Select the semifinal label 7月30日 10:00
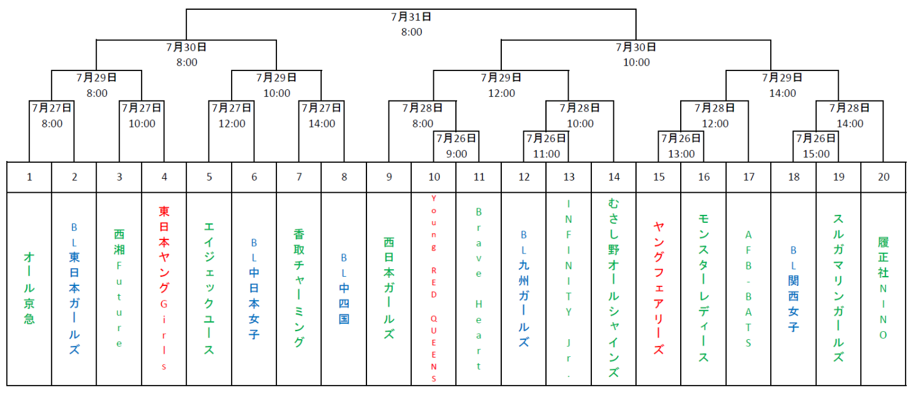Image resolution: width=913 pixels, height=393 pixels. pyautogui.click(x=636, y=54)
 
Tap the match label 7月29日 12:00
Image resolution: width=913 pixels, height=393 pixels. pyautogui.click(x=501, y=85)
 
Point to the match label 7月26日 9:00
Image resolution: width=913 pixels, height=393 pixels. pyautogui.click(x=456, y=146)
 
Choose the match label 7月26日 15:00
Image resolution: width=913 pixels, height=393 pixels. pyautogui.click(x=816, y=146)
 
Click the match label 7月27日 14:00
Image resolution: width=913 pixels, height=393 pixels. pyautogui.click(x=321, y=116)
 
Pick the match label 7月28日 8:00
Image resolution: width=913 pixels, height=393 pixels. pyautogui.click(x=422, y=116)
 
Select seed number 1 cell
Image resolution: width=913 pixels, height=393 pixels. pyautogui.click(x=29, y=177)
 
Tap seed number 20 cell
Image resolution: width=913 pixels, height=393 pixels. pyautogui.click(x=884, y=177)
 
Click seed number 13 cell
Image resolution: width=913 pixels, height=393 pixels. pyautogui.click(x=569, y=177)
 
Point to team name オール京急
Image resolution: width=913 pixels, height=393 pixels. pyautogui.click(x=29, y=287)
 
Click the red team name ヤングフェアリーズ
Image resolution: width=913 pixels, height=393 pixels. pyautogui.click(x=659, y=288)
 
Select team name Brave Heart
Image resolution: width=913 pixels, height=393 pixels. pyautogui.click(x=479, y=288)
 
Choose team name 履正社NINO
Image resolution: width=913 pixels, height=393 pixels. pyautogui.click(x=884, y=288)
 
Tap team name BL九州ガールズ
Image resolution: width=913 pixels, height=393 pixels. pyautogui.click(x=524, y=288)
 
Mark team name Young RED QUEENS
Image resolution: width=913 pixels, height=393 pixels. pyautogui.click(x=434, y=288)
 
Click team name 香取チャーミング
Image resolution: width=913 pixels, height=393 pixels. pyautogui.click(x=299, y=288)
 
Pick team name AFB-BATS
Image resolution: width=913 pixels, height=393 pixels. pyautogui.click(x=749, y=288)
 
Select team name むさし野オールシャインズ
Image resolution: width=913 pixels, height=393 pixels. pyautogui.click(x=614, y=288)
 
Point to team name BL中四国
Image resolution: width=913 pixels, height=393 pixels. pyautogui.click(x=344, y=288)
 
